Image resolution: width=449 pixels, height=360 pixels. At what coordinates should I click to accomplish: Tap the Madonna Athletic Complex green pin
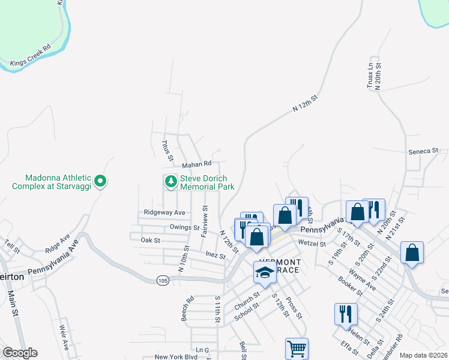pos(101,180)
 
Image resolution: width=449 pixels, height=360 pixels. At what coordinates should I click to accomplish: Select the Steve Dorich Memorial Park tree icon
pos(171,181)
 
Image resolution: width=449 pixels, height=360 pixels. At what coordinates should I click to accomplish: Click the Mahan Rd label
pos(198,163)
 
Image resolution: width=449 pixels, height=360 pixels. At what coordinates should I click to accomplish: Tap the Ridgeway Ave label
pos(164,212)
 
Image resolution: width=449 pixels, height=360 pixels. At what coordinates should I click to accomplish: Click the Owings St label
pos(184,227)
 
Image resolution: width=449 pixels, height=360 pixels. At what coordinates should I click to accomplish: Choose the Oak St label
pos(150,240)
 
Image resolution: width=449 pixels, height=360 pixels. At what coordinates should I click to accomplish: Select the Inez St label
pos(215,256)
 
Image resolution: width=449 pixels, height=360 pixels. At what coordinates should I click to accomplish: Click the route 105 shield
pos(163,280)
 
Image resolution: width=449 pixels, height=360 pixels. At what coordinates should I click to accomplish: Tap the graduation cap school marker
pos(265,272)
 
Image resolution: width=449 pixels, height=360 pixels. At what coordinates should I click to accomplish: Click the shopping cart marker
pos(297,349)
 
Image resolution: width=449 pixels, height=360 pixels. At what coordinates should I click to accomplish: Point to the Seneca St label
pos(424,151)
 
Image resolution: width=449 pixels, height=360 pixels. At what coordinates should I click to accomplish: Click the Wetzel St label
pos(312,244)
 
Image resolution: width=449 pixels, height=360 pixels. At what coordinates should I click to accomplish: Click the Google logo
pos(20,353)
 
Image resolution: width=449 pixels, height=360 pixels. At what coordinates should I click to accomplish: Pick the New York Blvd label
pos(176,356)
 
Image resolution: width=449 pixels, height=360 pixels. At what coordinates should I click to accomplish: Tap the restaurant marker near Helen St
pos(346,313)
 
